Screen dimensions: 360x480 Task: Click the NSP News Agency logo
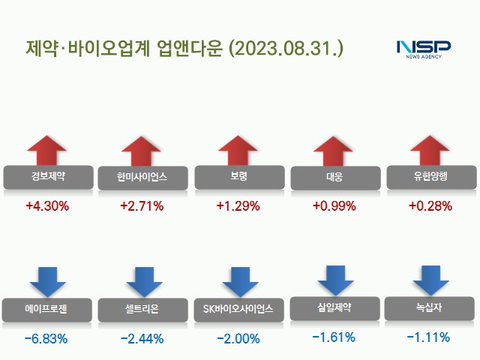pyautogui.click(x=424, y=49)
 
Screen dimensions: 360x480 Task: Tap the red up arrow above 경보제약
pyautogui.click(x=48, y=150)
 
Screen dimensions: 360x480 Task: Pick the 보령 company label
pyautogui.click(x=239, y=177)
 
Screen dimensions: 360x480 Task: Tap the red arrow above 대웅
pyautogui.click(x=334, y=150)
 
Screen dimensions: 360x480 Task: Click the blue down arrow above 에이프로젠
pyautogui.click(x=48, y=281)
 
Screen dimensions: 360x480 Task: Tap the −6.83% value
pyautogui.click(x=46, y=339)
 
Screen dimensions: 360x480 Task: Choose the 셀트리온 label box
pyautogui.click(x=142, y=308)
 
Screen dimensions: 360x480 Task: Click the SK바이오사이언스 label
pyautogui.click(x=239, y=308)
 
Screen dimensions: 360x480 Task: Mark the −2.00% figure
pyautogui.click(x=238, y=339)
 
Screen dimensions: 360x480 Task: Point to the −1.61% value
pyautogui.click(x=334, y=337)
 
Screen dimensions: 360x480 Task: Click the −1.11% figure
pyautogui.click(x=428, y=337)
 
